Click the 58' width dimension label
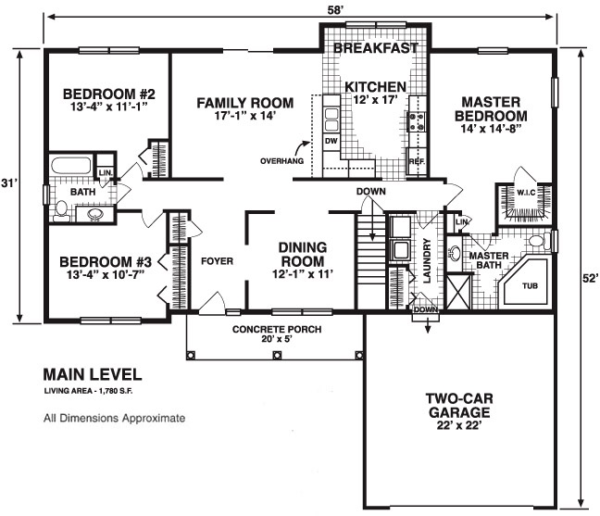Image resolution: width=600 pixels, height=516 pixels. coord(334,10)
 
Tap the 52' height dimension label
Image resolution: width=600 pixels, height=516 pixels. coord(590,278)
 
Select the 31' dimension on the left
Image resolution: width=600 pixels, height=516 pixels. coord(7,183)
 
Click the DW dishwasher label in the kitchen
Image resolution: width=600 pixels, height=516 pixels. coord(331,141)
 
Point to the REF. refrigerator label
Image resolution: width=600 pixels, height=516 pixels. coord(417,161)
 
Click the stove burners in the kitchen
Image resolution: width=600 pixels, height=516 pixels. coord(417,121)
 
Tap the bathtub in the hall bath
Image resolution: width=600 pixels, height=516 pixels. coord(71,165)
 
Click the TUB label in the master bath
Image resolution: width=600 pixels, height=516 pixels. coord(530,285)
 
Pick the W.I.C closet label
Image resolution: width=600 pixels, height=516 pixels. coord(526,192)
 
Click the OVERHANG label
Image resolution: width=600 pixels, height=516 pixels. coord(282,161)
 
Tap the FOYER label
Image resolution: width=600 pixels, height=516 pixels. coord(217,261)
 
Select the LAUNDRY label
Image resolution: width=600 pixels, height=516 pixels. coord(427,260)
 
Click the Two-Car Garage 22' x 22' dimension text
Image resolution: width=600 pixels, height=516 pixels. coord(459,425)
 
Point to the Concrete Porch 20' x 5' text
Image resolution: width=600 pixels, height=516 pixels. coord(277,334)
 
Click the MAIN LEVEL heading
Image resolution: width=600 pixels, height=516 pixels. coord(93,374)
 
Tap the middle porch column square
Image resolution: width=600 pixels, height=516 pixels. coord(276,355)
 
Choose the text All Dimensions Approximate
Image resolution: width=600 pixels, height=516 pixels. coord(115,418)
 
